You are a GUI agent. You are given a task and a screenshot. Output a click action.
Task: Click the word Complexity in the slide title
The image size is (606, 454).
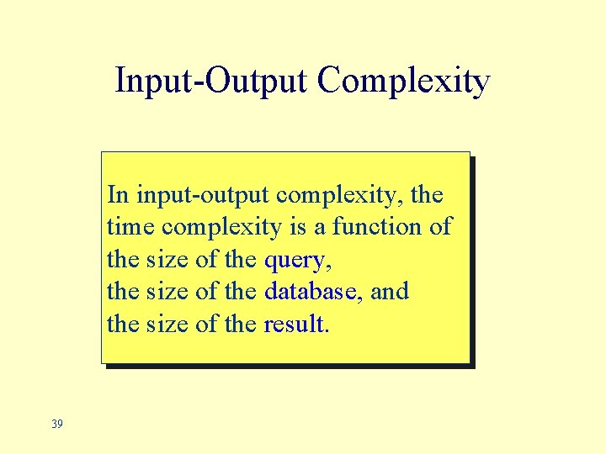coord(404,82)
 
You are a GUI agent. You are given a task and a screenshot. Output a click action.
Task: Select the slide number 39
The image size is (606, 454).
coord(56,424)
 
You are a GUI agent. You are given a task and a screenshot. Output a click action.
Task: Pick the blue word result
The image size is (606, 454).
coord(295,324)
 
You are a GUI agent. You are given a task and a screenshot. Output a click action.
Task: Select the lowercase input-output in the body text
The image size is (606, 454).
coord(202,196)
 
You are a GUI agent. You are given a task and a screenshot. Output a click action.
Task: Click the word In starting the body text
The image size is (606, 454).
coord(118,195)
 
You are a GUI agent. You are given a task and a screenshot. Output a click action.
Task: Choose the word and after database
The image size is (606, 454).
coord(389,292)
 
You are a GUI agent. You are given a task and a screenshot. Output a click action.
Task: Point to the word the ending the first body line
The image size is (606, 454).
coord(427,195)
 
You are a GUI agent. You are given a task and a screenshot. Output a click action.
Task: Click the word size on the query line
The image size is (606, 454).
coord(167,260)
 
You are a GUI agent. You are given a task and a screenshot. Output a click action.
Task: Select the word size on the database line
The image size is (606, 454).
coord(167,292)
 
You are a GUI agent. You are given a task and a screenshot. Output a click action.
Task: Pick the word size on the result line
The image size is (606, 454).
coord(167,324)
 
